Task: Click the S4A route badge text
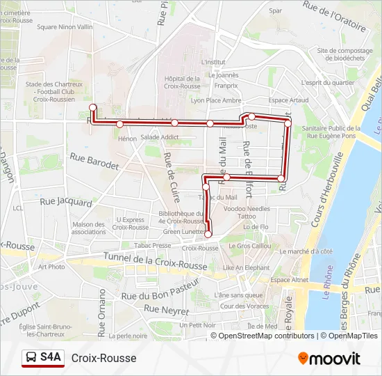click(51, 358)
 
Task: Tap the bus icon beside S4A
click(31, 358)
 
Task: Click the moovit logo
click(329, 359)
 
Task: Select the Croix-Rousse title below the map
click(103, 358)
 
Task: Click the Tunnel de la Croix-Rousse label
click(155, 262)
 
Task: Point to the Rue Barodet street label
click(94, 162)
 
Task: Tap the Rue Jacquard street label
click(65, 202)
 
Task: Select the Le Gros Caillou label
click(249, 246)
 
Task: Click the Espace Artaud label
click(288, 100)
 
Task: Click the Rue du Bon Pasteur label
click(160, 290)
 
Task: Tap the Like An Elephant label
click(246, 267)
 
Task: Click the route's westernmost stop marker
click(92, 107)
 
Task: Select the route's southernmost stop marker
click(208, 234)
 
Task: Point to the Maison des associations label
click(88, 228)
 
